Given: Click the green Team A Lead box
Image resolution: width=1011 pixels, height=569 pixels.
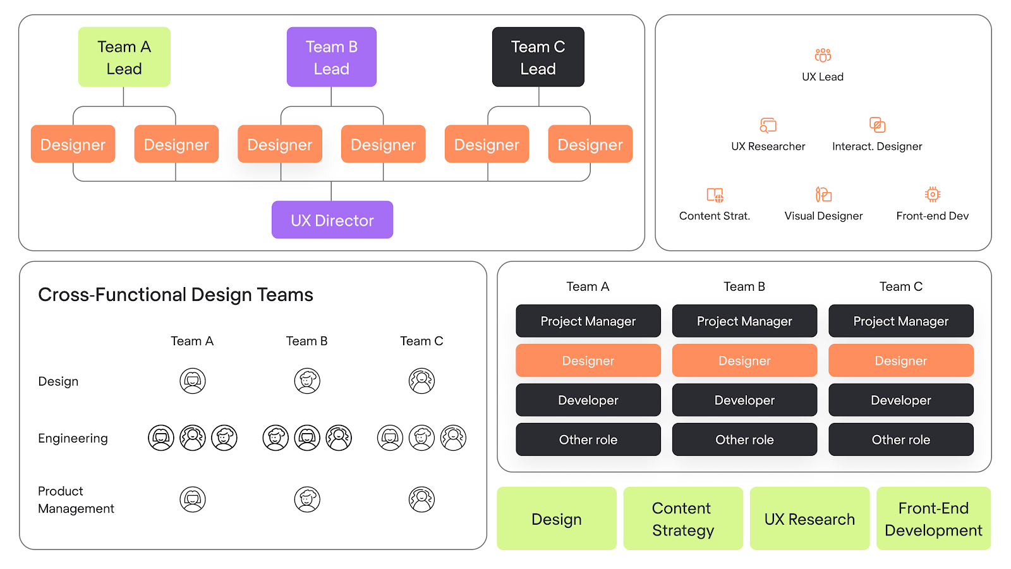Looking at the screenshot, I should pos(124,57).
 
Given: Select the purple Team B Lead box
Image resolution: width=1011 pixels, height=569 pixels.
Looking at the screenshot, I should pos(332,57).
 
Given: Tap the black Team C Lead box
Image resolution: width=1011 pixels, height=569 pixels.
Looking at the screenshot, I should pos(538,57).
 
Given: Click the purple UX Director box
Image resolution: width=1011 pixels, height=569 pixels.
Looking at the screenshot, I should pos(332,220).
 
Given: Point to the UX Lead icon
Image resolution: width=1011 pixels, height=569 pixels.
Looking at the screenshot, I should pos(823,56).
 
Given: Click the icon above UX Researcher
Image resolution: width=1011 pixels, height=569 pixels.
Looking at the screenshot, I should pos(768,125).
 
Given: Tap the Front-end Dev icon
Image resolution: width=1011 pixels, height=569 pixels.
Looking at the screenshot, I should pos(933,194).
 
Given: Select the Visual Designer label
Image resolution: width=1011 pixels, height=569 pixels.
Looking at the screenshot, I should pos(823,216).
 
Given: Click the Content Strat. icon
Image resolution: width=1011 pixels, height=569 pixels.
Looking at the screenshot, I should pos(715,195).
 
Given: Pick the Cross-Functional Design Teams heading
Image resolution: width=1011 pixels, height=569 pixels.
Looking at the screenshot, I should pos(176,295).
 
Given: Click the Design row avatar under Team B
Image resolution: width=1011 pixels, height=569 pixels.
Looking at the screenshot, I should pos(307,381).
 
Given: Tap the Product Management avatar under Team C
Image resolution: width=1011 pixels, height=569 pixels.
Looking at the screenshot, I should pos(421,499).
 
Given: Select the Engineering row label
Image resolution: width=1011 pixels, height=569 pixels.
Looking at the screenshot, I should pos(73,438).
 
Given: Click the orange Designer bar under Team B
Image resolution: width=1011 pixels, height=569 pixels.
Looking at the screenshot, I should pos(744,361).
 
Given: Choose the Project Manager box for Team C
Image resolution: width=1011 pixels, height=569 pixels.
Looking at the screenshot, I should pos(900,321).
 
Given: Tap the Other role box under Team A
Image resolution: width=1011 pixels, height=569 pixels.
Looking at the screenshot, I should pos(588,439).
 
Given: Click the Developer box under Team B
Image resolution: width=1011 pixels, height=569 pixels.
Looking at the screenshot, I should pos(744,400).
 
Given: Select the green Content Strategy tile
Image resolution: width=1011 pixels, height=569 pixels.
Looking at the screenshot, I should pos(683,518).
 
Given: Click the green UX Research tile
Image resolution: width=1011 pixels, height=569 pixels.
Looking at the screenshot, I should pos(809,518).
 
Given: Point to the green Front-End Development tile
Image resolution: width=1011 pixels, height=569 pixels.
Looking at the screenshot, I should pos(933,518).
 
